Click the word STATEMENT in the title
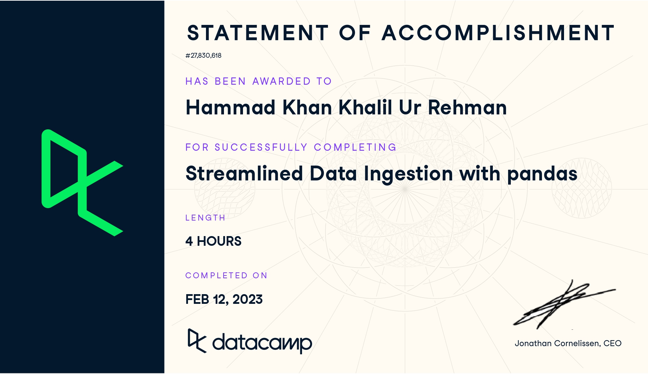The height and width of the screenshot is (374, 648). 257,33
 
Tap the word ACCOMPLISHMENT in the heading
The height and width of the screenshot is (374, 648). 498,33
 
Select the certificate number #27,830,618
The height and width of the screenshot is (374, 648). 203,55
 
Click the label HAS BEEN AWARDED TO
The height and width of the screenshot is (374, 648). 259,81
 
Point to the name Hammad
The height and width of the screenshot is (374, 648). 231,107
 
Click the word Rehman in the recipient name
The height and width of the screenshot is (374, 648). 467,107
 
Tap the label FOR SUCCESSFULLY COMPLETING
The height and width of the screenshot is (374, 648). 291,147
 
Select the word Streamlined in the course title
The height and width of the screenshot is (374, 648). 244,173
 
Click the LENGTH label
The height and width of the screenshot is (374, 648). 205,218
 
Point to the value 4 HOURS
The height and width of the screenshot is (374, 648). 213,241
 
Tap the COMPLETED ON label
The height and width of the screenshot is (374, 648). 226,275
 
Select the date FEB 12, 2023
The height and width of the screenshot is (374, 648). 224,299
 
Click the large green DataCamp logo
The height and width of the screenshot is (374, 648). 82,183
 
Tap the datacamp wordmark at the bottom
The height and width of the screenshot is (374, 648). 262,343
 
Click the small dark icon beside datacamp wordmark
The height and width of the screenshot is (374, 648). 197,340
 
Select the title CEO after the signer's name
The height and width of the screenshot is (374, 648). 612,343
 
